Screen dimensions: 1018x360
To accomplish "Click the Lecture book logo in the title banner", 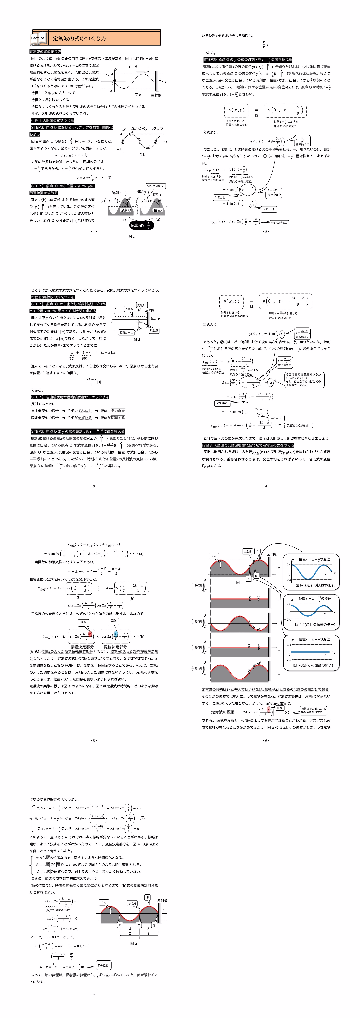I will point(38,38).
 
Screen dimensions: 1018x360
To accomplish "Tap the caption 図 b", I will point(142,155).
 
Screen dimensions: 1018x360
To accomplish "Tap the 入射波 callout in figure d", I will point(129,309).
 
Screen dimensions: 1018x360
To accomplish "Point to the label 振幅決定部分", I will point(82,647).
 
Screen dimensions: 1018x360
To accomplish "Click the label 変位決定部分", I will point(115,647).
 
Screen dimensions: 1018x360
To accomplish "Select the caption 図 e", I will point(239,582).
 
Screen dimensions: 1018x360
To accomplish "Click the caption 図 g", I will point(134,943).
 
